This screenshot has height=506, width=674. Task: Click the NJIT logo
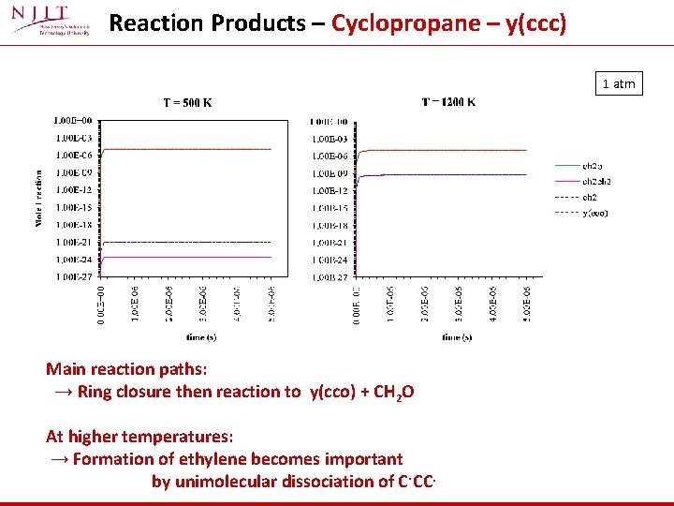point(51,22)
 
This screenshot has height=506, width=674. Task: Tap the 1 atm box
point(618,83)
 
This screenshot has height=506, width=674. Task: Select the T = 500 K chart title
point(189,103)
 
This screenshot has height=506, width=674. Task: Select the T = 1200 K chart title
point(448,102)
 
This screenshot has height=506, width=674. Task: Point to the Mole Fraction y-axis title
point(39,198)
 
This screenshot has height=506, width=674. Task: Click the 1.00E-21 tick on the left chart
point(73,243)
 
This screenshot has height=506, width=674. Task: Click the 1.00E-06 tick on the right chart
point(330,156)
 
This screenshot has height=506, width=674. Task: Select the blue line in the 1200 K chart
point(449,174)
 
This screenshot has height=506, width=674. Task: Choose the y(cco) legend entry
point(595,214)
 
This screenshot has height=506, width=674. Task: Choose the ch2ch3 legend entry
point(597,182)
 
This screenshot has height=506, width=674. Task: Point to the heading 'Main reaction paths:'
point(126,369)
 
